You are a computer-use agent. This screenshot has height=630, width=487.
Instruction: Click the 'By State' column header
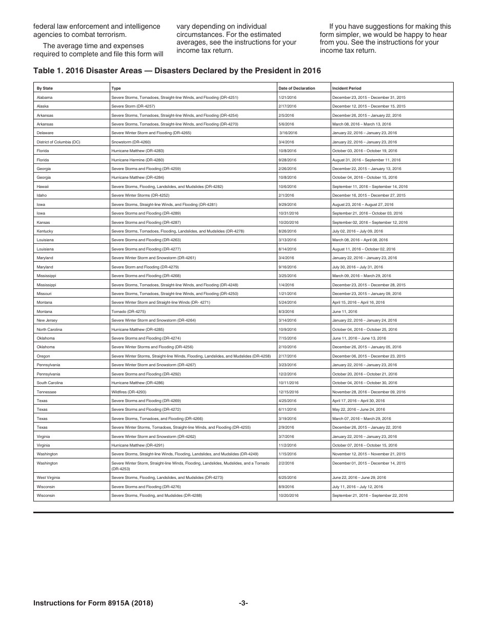coord(45,88)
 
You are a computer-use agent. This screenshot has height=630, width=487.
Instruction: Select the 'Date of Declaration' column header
coord(297,88)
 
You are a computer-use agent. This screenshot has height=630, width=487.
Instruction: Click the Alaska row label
coord(43,106)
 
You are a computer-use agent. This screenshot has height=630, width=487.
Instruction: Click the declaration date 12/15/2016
coord(289,392)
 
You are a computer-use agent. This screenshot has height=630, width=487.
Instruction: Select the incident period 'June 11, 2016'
coord(344,311)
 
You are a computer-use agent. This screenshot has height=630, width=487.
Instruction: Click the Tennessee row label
coord(47,392)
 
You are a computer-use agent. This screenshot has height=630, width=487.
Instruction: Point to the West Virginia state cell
coord(48,477)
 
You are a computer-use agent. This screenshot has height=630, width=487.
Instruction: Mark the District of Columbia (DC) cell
coord(58,142)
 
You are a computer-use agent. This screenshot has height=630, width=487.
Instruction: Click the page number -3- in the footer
coord(243,603)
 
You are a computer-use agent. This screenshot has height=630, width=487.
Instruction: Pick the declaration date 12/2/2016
coord(288,374)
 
